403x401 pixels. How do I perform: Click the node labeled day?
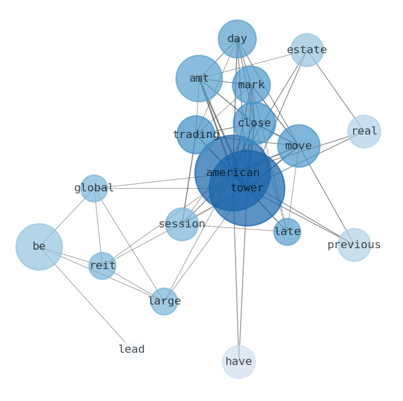tap(237, 39)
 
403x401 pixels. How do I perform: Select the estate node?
tap(307, 50)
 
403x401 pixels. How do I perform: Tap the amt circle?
tap(199, 79)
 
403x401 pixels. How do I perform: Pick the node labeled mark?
tap(251, 85)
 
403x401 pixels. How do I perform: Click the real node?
tap(364, 131)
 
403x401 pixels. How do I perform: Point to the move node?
tap(298, 146)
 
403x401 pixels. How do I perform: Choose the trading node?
tap(196, 135)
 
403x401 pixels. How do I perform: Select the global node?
tap(94, 188)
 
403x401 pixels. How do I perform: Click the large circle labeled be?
tap(39, 247)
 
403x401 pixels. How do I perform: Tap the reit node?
tap(103, 266)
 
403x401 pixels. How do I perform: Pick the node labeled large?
tap(164, 302)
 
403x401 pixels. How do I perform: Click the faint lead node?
tap(131, 349)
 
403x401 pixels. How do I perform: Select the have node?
tap(239, 362)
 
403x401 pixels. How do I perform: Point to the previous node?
tap(354, 245)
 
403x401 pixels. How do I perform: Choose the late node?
tap(287, 232)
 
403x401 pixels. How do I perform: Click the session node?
tap(182, 224)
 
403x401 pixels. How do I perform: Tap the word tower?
tap(247, 188)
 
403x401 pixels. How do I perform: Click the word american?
tap(233, 173)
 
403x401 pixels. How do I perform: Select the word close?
tap(254, 123)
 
